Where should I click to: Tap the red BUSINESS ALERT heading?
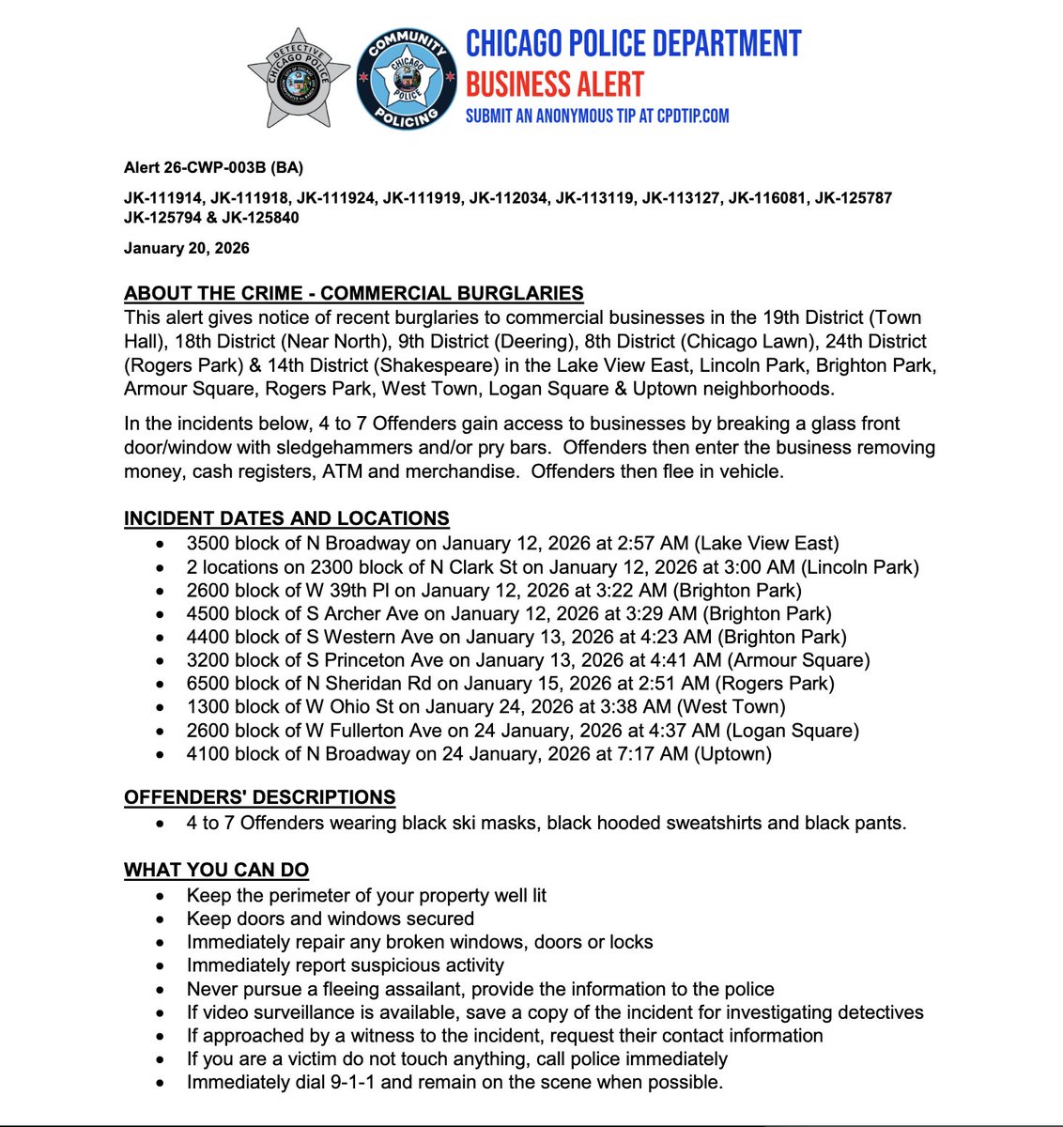coord(554,85)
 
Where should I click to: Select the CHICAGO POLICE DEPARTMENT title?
coord(634,43)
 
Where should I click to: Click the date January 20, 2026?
coord(187,248)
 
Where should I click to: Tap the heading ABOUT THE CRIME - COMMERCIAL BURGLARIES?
coord(354,293)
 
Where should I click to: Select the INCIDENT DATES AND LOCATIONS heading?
coord(286,518)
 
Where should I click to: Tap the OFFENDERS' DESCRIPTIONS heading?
coord(259,797)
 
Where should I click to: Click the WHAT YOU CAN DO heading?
coord(216,870)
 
